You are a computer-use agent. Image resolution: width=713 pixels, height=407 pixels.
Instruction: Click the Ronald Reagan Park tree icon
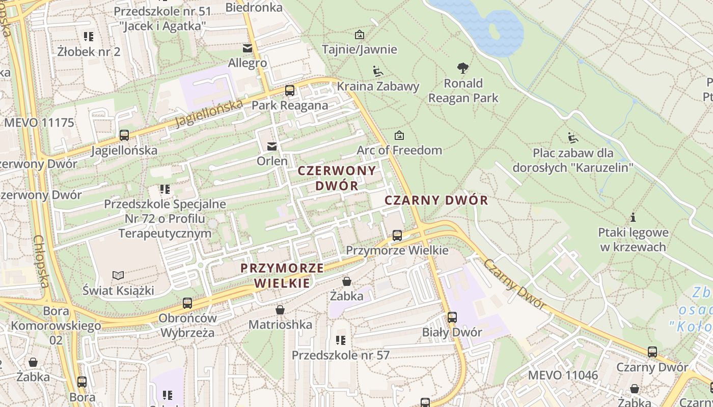(463, 68)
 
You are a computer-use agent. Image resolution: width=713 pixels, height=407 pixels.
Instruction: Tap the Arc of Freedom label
(399, 150)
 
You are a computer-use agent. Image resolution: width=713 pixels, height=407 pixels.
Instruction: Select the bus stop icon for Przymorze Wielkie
(397, 236)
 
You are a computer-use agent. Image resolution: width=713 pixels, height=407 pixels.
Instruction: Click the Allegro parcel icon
(248, 48)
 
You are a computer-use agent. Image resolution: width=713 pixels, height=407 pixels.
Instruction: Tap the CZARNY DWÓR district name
(436, 200)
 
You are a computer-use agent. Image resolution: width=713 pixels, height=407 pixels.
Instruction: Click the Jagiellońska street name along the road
(209, 113)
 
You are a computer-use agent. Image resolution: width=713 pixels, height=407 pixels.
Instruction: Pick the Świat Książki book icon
(118, 276)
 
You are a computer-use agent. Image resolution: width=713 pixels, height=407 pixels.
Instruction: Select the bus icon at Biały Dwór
(452, 317)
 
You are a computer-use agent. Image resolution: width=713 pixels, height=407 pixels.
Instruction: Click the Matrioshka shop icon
(280, 310)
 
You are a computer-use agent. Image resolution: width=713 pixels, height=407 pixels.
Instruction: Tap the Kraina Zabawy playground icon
(377, 71)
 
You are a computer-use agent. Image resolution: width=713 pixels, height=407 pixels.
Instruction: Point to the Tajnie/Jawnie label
(360, 49)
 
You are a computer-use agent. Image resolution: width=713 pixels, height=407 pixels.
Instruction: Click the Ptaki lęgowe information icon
(633, 218)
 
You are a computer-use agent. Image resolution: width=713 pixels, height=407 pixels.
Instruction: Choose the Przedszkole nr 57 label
(340, 355)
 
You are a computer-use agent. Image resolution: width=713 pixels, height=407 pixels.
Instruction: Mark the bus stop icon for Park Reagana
(290, 91)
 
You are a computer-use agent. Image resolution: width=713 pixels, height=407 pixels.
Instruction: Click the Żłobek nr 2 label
(89, 51)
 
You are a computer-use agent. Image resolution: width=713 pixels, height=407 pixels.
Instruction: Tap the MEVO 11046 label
(563, 375)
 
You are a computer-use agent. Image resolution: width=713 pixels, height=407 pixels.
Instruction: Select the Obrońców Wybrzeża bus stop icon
(187, 303)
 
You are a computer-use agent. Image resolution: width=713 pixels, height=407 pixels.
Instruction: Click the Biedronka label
(254, 8)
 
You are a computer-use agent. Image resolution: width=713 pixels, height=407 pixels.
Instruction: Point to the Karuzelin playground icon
(573, 137)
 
